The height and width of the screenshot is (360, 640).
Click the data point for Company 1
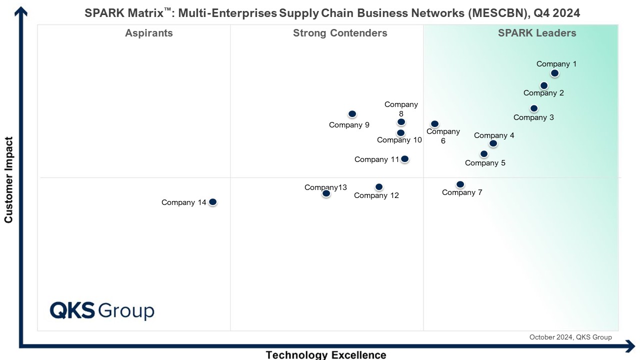tap(554, 73)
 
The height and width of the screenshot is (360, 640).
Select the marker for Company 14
tap(212, 202)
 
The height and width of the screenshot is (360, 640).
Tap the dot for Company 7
tap(460, 184)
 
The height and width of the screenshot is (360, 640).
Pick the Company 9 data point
tap(352, 114)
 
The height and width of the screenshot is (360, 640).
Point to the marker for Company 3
tap(534, 108)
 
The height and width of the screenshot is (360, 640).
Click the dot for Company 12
tap(379, 187)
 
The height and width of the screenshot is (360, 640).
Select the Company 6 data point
tap(434, 124)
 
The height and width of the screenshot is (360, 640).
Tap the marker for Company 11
tap(404, 159)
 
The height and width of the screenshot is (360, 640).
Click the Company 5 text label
tap(485, 163)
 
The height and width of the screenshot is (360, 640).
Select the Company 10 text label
tap(399, 140)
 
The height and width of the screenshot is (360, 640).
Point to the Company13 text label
tap(325, 187)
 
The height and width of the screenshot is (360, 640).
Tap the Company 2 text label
tap(543, 93)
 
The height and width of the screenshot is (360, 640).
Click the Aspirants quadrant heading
tap(149, 33)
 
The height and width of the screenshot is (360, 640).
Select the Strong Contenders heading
tap(340, 33)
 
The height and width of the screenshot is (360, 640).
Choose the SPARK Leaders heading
tap(537, 33)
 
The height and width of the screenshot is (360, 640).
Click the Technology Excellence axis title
tap(326, 355)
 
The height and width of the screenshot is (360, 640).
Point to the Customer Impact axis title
tap(8, 179)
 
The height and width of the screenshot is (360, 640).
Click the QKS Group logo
tap(102, 310)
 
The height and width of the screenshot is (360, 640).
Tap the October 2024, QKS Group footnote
tap(570, 337)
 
